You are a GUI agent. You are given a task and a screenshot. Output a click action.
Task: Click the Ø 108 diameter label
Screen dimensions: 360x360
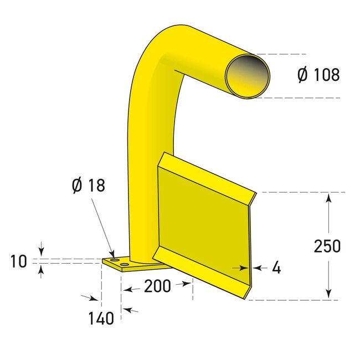click(x=318, y=75)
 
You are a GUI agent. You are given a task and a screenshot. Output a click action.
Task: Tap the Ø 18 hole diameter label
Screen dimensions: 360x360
click(x=88, y=186)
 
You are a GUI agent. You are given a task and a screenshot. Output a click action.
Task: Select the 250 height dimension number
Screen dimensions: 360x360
click(x=327, y=246)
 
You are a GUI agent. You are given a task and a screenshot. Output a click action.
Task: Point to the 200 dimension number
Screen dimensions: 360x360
click(x=157, y=286)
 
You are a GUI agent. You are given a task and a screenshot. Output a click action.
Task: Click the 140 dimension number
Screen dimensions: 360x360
click(x=101, y=317)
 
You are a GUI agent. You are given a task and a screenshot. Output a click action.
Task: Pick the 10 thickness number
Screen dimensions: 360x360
click(x=19, y=261)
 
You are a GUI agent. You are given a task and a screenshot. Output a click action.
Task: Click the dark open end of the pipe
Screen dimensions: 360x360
click(x=248, y=76)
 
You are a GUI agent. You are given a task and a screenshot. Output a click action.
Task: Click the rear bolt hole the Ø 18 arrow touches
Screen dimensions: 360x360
click(x=114, y=260)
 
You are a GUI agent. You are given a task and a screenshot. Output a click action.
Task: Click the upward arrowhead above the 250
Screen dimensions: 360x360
click(x=328, y=198)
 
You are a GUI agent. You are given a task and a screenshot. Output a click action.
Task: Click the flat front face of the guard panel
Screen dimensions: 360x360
click(x=205, y=222)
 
